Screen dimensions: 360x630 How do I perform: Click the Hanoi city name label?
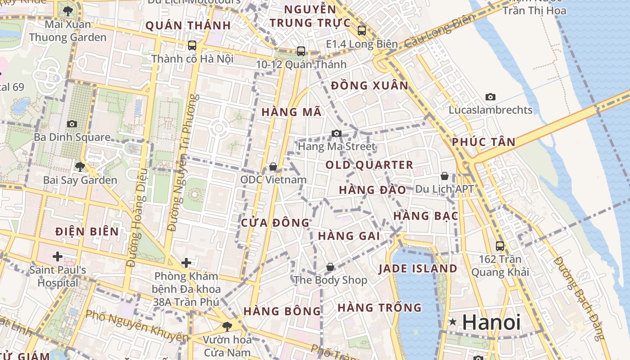491,322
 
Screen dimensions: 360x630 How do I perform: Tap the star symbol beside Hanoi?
453,322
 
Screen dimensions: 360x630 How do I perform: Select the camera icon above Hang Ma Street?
336,133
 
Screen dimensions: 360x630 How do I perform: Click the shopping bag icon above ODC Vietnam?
273,167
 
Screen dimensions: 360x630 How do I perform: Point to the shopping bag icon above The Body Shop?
330,267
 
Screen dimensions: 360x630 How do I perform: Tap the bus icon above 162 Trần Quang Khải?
500,246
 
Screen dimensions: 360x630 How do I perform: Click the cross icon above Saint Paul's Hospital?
58,256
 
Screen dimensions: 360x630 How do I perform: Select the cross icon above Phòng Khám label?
186,262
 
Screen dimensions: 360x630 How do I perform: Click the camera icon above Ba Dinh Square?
72,124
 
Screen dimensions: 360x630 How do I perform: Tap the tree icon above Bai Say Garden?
80,167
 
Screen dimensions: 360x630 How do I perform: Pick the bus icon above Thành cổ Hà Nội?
192,45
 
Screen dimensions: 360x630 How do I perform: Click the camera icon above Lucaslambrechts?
490,97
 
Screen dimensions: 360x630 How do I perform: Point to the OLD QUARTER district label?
369,165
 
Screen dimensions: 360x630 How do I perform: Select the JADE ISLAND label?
418,269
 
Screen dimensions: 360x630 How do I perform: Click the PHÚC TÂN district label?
484,142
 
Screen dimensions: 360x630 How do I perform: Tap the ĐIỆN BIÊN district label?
87,232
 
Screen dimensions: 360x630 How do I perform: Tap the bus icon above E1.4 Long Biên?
362,31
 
